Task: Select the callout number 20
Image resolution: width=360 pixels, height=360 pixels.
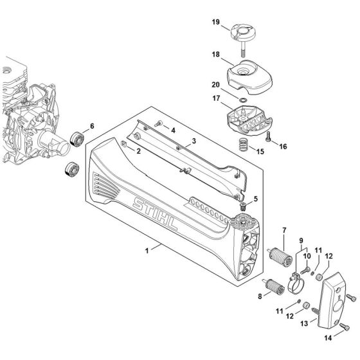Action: pos(215,84)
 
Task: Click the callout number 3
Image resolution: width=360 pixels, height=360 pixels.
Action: pos(194,139)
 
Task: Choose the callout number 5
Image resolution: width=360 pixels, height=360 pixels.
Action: pos(256,199)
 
